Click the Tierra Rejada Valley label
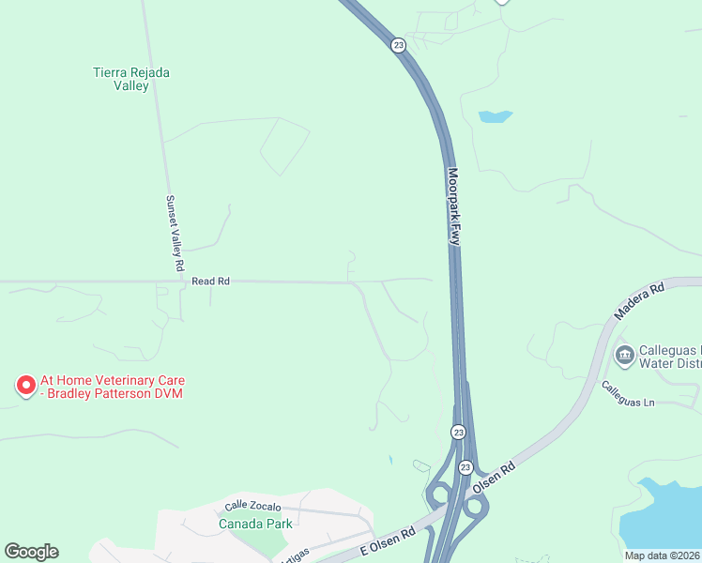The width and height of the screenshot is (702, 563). pos(131,79)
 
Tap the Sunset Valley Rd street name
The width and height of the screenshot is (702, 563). pos(174,234)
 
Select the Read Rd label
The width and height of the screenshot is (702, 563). pos(210,281)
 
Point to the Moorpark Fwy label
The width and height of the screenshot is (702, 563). pos(455,207)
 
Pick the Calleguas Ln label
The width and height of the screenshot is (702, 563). pos(627,396)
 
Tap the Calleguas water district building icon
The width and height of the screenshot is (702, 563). pos(623,356)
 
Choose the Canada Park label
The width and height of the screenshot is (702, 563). pos(255,524)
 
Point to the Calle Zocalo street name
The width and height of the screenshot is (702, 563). pos(253,507)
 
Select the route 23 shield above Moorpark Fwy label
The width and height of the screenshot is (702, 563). pos(399,45)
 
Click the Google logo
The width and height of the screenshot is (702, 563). pos(31,552)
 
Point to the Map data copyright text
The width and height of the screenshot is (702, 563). pos(663,555)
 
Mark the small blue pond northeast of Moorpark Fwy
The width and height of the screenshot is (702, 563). pos(495,117)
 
